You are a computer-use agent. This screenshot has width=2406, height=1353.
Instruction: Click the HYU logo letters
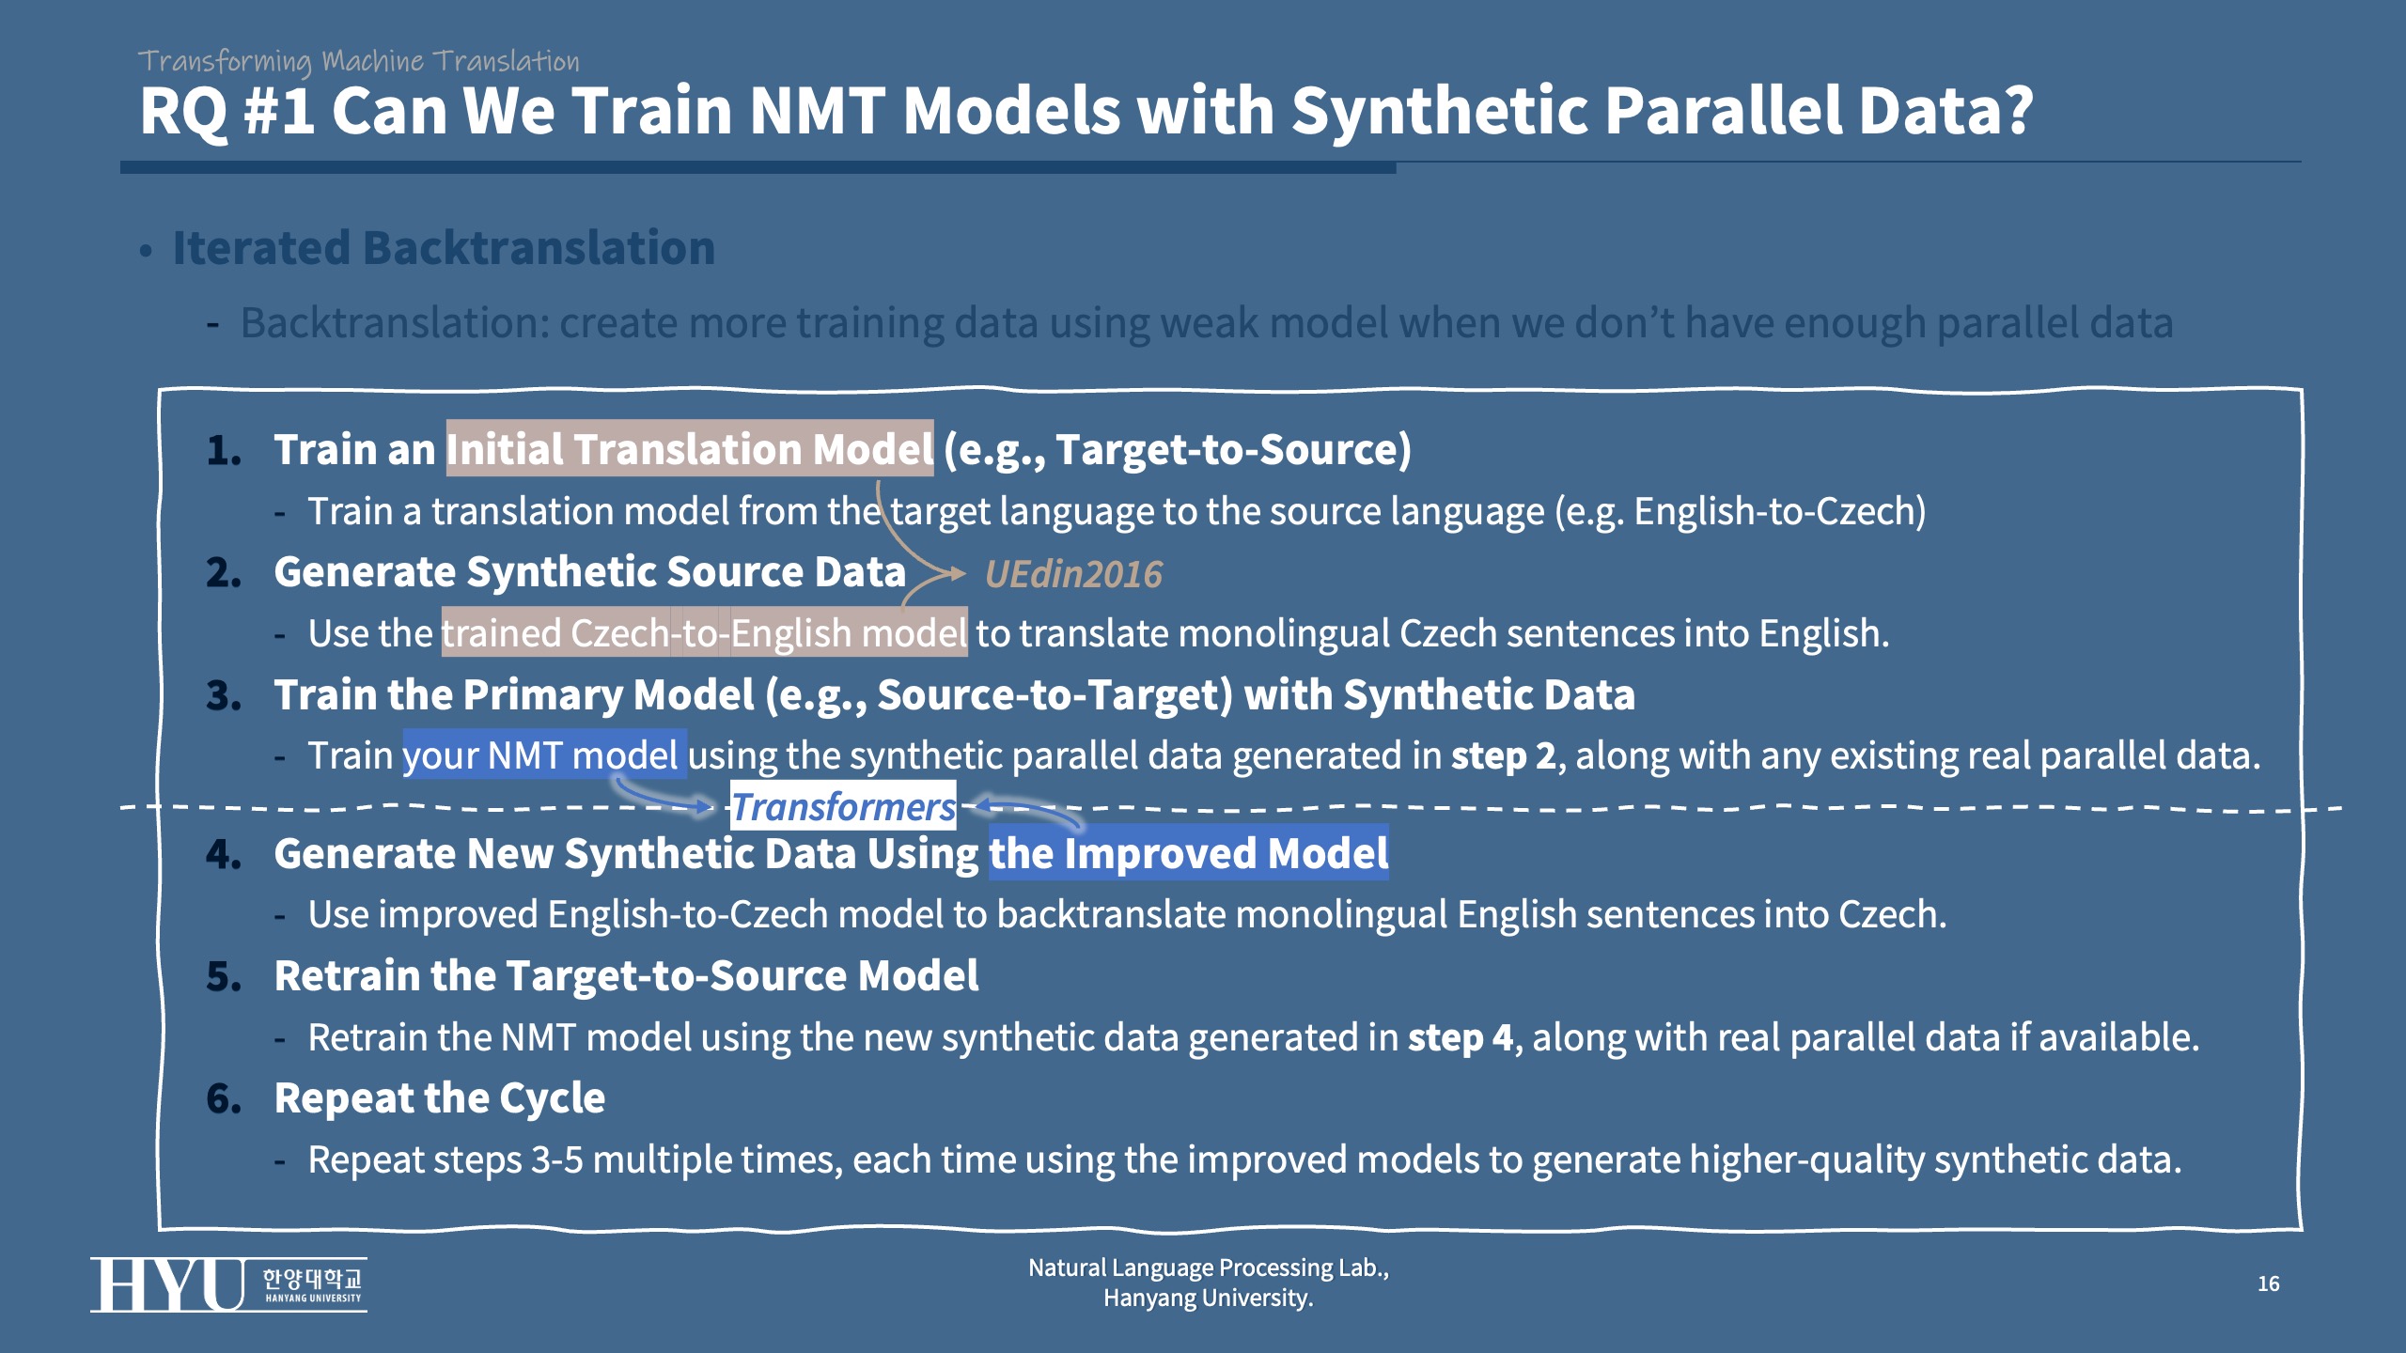click(167, 1284)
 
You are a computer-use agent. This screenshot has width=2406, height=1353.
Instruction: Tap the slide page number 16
click(2268, 1283)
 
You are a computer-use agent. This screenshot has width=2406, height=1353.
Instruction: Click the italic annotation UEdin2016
click(1073, 574)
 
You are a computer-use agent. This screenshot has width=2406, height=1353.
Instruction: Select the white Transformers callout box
click(843, 806)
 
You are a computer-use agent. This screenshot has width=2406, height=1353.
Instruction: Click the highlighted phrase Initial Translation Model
click(690, 448)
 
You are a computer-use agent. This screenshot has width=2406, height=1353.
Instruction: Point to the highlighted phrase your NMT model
click(545, 754)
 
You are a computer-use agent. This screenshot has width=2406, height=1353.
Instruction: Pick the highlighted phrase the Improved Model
click(1189, 852)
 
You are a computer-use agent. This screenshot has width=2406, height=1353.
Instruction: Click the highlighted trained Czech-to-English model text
click(704, 632)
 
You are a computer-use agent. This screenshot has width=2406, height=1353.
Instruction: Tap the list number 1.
click(224, 450)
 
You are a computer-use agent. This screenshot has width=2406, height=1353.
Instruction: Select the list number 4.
click(224, 854)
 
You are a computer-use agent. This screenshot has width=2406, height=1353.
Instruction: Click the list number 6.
click(224, 1098)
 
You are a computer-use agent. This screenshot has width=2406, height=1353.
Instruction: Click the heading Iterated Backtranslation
click(444, 248)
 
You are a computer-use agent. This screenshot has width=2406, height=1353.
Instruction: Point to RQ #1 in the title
click(227, 111)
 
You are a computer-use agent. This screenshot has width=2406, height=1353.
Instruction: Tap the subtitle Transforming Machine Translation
click(358, 61)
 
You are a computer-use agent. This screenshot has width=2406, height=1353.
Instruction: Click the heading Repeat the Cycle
click(440, 1097)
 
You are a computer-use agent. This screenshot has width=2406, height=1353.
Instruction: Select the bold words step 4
click(1461, 1037)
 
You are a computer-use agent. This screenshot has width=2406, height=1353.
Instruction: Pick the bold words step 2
click(1504, 755)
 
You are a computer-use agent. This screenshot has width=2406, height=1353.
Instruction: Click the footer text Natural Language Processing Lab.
click(1208, 1267)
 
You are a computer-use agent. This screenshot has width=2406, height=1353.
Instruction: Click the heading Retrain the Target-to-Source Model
click(626, 975)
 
